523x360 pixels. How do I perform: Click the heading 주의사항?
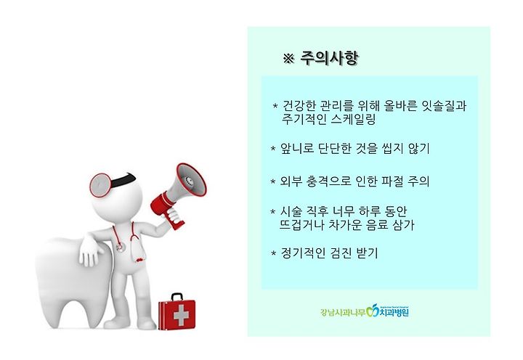coord(329,59)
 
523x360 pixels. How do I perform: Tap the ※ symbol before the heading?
coord(288,59)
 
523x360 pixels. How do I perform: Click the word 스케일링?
coord(354,119)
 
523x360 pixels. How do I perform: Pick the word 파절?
coord(392,181)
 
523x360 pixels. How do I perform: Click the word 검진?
coord(341,253)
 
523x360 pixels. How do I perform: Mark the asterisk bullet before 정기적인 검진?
coord(274,253)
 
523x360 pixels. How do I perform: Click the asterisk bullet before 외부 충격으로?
coord(273,181)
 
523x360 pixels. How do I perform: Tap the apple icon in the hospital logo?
coord(372,311)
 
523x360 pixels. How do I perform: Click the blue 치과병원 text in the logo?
coord(393,312)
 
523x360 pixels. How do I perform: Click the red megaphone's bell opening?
coord(191,180)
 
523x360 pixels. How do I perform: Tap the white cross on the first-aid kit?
coord(181,315)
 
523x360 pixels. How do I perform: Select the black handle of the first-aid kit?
coord(177,297)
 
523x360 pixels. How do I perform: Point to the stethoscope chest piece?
coord(119,247)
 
